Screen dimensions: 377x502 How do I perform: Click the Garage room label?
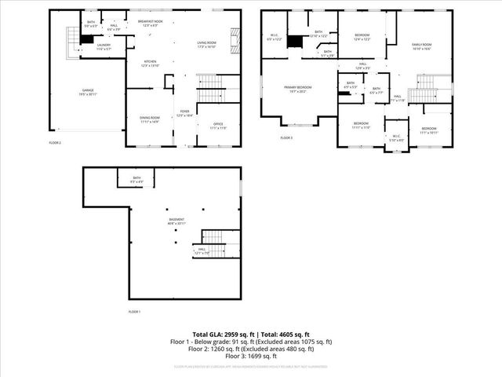tap(88, 92)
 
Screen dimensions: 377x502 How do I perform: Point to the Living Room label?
tap(206, 44)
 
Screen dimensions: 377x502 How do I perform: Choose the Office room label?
tap(218, 126)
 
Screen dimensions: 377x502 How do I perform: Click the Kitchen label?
tap(149, 63)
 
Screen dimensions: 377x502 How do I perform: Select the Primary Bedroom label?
tap(298, 90)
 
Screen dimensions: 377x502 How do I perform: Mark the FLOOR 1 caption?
tap(135, 312)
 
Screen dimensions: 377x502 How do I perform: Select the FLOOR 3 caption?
tap(287, 138)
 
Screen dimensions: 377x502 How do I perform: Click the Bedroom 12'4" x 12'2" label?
tap(362, 37)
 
